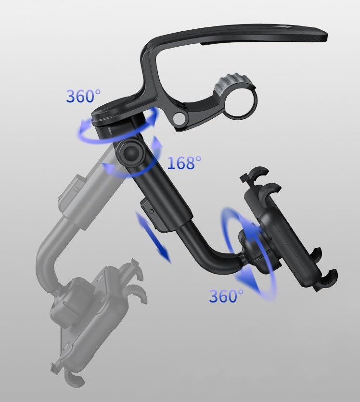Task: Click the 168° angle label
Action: [184, 163]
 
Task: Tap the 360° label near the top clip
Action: [83, 96]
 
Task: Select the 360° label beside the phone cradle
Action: [226, 296]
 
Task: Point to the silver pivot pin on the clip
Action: [179, 118]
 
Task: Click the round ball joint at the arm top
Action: [131, 153]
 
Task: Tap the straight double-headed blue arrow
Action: [153, 238]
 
